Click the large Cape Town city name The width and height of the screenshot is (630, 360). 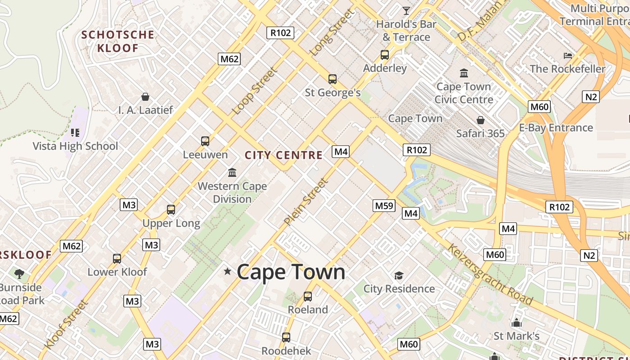291,272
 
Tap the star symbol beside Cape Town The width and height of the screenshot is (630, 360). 228,271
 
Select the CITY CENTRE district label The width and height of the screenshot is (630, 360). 283,155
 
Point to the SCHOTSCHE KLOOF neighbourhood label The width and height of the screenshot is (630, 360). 117,41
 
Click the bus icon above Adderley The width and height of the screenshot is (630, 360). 385,55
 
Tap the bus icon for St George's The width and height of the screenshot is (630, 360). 333,79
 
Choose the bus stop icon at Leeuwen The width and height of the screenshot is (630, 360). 205,141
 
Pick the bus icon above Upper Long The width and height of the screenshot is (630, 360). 171,209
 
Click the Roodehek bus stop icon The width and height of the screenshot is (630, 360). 286,337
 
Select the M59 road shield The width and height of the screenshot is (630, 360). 384,206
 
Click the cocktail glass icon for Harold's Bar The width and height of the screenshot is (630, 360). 406,11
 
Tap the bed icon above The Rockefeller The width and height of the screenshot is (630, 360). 568,56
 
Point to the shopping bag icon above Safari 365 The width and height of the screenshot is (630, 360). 481,120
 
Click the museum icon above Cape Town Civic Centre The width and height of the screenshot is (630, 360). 464,73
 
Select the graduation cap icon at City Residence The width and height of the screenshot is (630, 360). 399,275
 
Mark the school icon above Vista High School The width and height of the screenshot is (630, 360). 75,133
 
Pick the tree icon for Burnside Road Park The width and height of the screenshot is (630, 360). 19,274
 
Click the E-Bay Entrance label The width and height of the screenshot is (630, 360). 556,128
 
